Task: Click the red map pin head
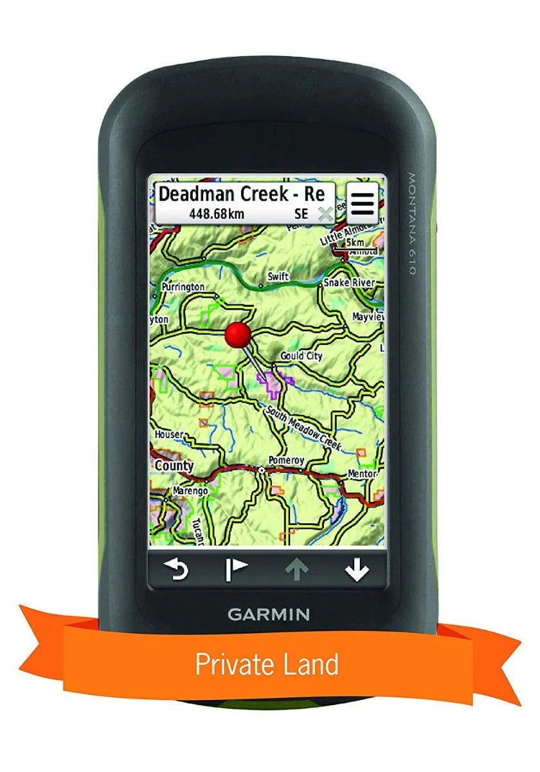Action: pos(238,335)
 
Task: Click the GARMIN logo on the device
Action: pos(268,614)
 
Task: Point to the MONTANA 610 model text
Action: pos(411,223)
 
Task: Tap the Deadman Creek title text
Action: pos(242,194)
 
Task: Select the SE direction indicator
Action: pos(301,214)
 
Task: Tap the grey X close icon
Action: pos(325,214)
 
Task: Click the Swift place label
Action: pos(278,277)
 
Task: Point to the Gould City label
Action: pos(301,356)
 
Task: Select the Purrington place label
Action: pos(183,287)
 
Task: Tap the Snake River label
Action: pos(349,283)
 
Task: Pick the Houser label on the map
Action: pos(168,435)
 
